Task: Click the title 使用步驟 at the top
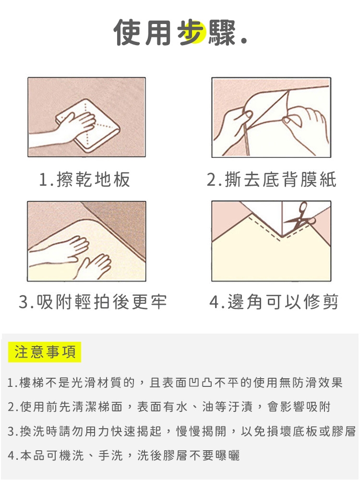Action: (x=175, y=32)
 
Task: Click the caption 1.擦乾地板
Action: (x=85, y=180)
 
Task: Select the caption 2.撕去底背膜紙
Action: (x=272, y=180)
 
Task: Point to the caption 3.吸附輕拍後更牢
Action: (x=93, y=302)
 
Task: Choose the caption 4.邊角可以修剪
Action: (x=274, y=302)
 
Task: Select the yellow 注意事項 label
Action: (x=45, y=352)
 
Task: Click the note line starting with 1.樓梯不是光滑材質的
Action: (x=175, y=383)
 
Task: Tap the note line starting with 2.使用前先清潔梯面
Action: (x=169, y=407)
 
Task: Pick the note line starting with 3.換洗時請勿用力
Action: (x=181, y=432)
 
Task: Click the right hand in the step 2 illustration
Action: (x=305, y=122)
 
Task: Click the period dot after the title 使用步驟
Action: (x=244, y=41)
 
